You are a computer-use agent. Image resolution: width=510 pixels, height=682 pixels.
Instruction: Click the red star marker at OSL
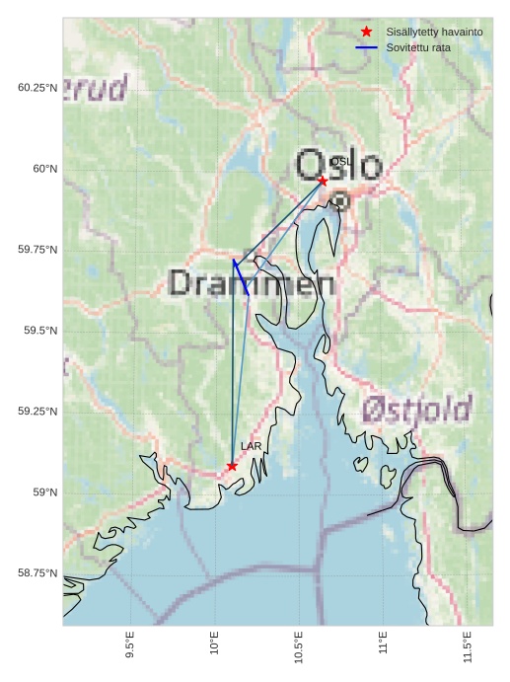(323, 181)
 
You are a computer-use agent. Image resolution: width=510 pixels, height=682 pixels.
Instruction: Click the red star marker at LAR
(232, 466)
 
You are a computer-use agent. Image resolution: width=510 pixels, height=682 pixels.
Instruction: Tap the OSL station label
(340, 161)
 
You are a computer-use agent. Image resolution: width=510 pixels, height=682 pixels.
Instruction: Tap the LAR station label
(252, 446)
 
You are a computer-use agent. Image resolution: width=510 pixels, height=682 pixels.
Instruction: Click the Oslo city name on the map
(338, 165)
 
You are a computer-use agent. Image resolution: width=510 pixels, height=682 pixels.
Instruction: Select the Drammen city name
(252, 284)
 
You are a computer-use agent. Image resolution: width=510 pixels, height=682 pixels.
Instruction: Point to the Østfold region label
(415, 409)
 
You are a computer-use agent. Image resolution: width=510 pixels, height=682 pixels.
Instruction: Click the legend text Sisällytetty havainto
(434, 33)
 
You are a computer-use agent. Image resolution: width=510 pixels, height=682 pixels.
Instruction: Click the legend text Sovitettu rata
(418, 47)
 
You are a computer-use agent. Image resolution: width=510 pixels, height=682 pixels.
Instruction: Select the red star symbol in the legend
(367, 33)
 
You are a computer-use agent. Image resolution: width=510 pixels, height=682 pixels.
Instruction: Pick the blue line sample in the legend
(367, 47)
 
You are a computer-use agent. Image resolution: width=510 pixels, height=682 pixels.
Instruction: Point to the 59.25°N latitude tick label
(37, 412)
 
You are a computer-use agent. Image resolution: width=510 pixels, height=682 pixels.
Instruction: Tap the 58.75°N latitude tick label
(37, 573)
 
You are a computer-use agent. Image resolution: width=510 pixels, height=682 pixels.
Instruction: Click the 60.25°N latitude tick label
(37, 88)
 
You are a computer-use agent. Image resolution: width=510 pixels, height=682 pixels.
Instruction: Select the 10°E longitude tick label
(214, 644)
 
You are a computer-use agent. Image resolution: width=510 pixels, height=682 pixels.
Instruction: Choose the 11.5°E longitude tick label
(468, 644)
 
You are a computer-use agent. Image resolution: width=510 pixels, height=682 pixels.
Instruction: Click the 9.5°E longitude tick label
(130, 644)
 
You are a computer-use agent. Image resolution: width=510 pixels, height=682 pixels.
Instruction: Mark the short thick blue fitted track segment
(240, 277)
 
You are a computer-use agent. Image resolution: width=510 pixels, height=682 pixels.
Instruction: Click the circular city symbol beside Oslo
(339, 200)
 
